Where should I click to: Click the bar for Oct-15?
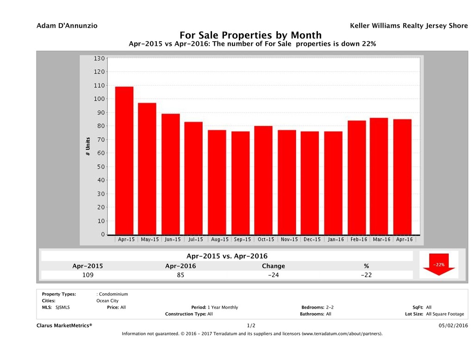(x=263, y=180)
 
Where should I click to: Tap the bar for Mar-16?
(x=379, y=176)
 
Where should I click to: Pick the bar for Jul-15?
(x=193, y=178)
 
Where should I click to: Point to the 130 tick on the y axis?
(x=99, y=58)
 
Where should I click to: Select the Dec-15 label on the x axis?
(x=312, y=240)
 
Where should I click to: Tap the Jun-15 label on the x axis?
(x=172, y=240)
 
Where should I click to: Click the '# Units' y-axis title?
(x=88, y=146)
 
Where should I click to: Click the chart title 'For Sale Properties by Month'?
(x=250, y=35)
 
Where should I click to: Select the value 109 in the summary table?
(x=87, y=275)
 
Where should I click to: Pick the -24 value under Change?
(x=273, y=275)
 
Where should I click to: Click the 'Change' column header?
(x=273, y=266)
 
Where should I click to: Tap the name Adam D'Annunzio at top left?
(x=67, y=26)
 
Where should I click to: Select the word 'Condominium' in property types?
(x=113, y=294)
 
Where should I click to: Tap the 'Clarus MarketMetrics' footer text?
(x=64, y=326)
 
